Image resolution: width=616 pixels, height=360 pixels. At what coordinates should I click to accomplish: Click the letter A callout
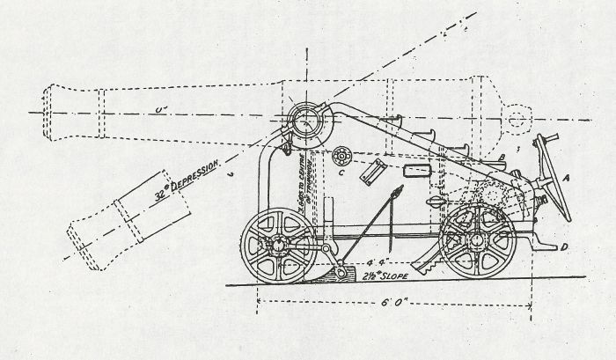tap(568, 177)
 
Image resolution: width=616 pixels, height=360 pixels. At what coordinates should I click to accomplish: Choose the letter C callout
tap(341, 173)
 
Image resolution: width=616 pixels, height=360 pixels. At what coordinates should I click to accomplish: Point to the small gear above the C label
tap(341, 154)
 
